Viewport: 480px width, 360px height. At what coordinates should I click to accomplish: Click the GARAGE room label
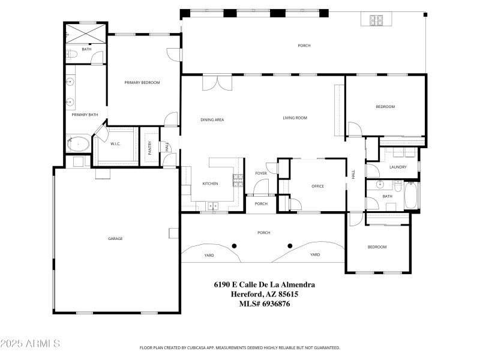115,239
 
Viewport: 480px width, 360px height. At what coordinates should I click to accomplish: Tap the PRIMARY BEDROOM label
142,82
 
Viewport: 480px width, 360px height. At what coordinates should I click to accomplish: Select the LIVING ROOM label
295,118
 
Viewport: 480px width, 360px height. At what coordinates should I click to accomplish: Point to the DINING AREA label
212,120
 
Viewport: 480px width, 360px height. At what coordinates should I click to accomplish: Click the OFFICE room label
317,187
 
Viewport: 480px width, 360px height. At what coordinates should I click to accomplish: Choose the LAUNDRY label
398,167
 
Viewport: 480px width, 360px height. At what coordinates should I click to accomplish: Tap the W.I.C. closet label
116,143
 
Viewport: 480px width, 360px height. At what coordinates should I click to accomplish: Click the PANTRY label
150,148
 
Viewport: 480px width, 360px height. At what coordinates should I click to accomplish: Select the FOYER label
261,173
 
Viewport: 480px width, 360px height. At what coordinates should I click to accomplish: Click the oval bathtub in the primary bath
78,145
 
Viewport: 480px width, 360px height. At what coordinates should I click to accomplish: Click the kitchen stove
238,178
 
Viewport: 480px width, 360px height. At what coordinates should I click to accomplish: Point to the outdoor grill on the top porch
376,20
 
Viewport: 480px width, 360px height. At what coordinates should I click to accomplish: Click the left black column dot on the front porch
235,245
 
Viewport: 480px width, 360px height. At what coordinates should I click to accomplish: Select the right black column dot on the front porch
290,245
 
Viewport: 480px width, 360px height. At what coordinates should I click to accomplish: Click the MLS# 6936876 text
265,304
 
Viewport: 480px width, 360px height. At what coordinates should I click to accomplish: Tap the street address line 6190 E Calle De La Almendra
265,285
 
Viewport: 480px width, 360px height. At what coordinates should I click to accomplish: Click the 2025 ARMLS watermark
30,344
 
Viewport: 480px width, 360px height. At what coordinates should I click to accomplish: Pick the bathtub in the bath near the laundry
412,196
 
